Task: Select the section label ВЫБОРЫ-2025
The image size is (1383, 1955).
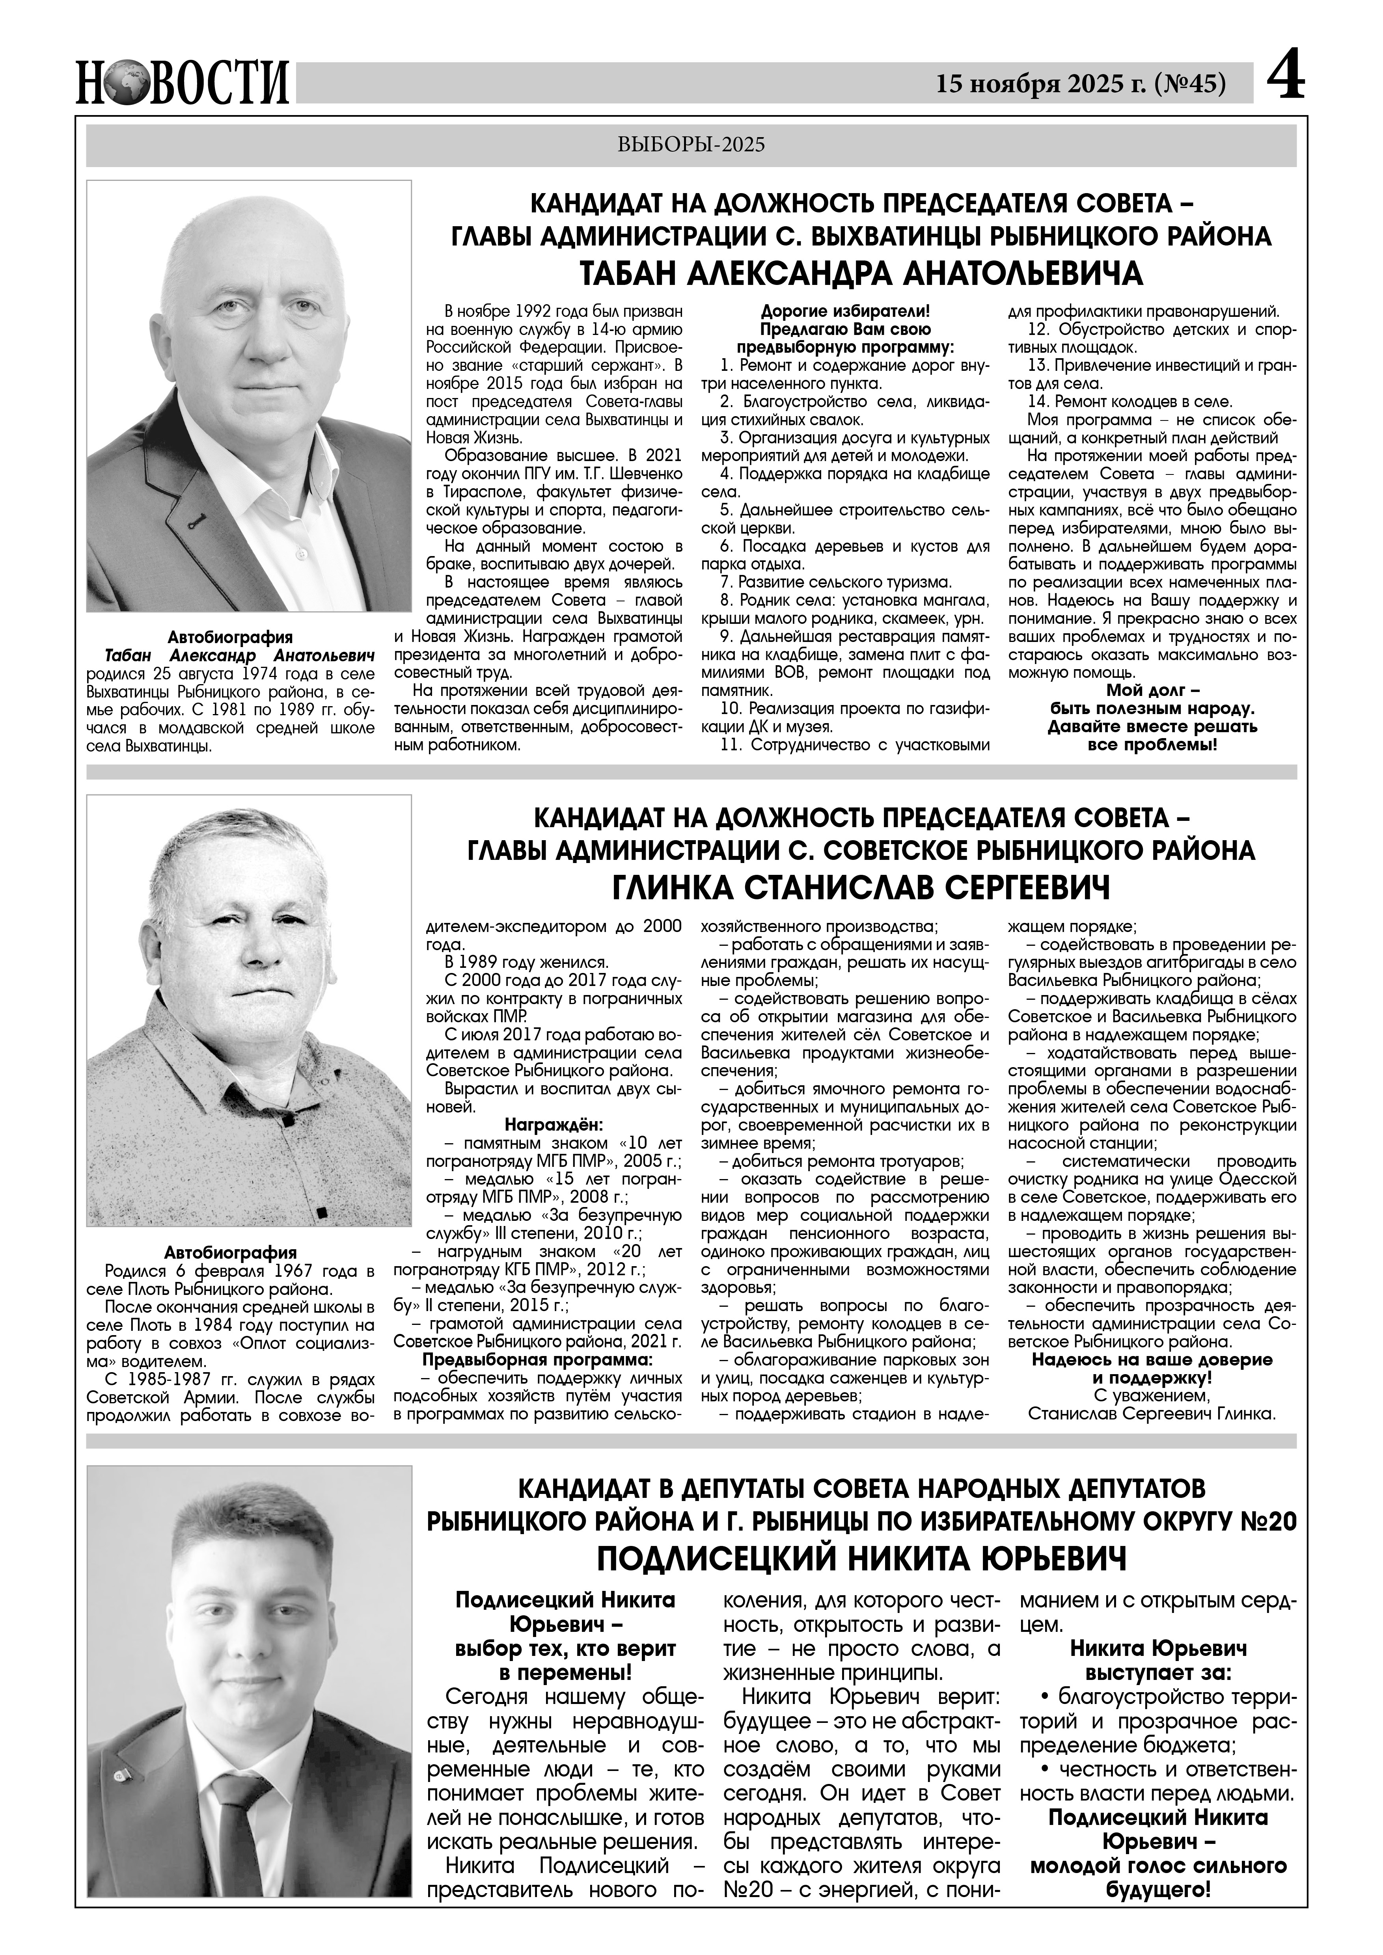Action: coord(691,145)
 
